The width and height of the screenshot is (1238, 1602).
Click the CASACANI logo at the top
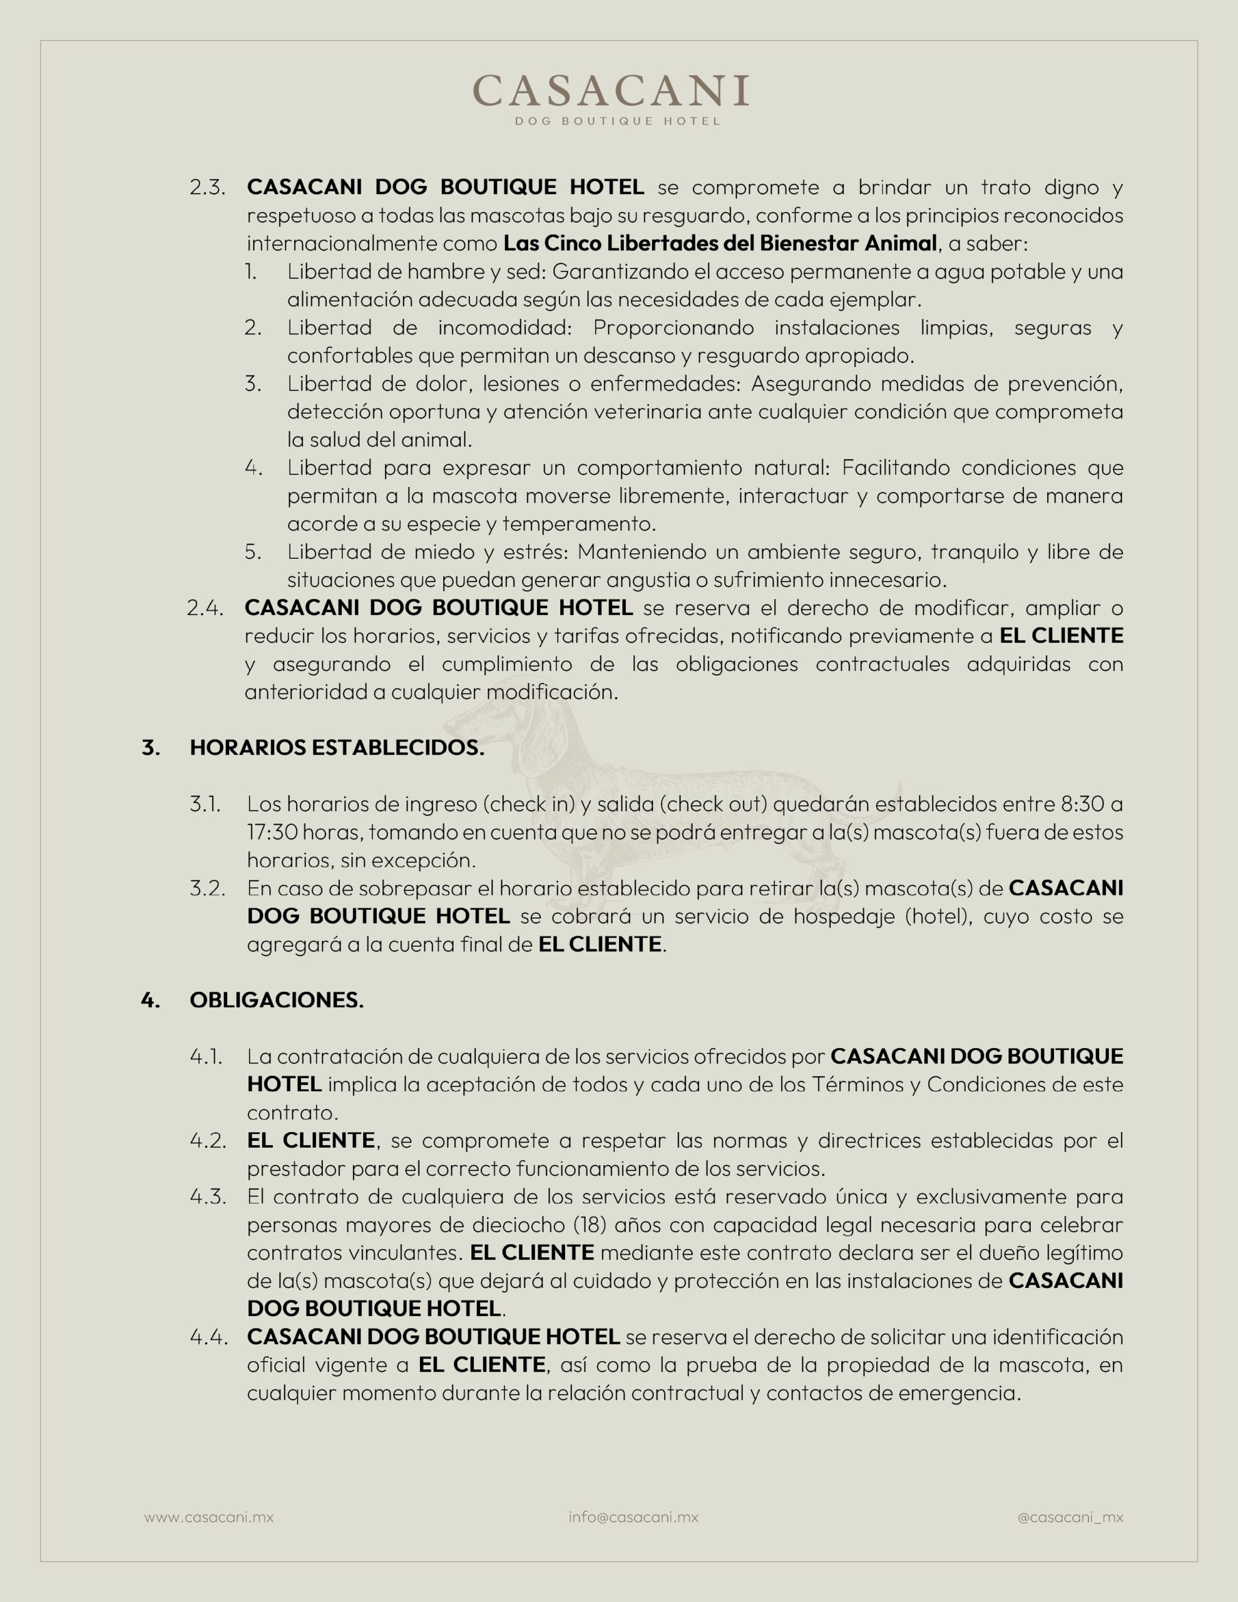click(611, 90)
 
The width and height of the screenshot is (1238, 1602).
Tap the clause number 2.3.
click(207, 188)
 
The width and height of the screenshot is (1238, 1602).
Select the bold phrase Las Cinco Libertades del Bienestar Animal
click(720, 243)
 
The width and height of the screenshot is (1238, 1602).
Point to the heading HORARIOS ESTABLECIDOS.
click(337, 748)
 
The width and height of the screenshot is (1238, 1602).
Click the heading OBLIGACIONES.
click(277, 1001)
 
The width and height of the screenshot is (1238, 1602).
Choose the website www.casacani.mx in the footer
click(208, 1517)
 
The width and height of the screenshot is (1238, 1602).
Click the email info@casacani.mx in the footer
click(633, 1517)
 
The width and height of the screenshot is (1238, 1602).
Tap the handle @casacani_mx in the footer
click(1070, 1517)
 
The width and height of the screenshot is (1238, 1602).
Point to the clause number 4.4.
click(208, 1337)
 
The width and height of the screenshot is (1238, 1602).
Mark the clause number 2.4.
click(205, 609)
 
